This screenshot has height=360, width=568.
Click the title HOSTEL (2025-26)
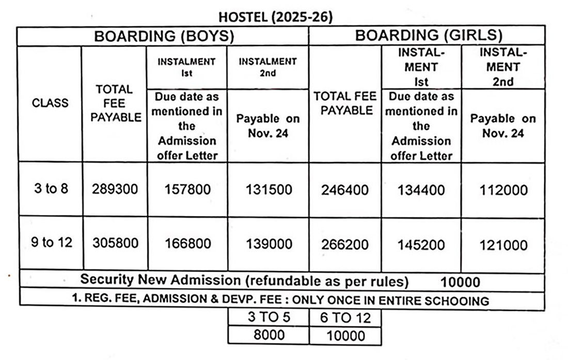coord(276,17)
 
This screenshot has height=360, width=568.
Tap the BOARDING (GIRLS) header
coord(429,35)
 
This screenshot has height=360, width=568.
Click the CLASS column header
coord(50,103)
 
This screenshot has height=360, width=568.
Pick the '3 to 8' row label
coord(51,189)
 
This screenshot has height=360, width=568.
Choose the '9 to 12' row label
coord(51,243)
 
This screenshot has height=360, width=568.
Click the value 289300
coord(115,190)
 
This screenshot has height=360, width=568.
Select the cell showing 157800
coord(187,190)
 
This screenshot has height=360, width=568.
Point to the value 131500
coord(268,190)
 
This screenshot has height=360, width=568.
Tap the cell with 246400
coord(345,190)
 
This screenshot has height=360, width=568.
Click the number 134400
coord(421,190)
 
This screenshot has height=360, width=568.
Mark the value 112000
coord(503,190)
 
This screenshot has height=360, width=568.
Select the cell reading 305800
coord(115,243)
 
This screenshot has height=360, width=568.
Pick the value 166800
coord(187,244)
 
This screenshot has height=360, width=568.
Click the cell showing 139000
coord(268,244)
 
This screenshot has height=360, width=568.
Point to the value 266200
coord(345,244)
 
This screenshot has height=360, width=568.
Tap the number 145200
coord(421,244)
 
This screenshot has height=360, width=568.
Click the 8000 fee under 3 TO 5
coord(269,335)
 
